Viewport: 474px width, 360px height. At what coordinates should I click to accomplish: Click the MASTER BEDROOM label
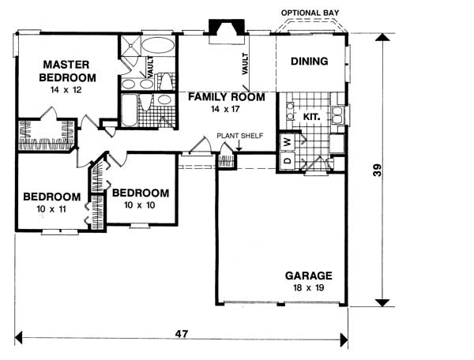click(70, 71)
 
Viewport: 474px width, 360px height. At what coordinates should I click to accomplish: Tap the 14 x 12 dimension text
click(70, 92)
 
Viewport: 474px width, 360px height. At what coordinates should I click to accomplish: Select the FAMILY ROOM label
click(225, 97)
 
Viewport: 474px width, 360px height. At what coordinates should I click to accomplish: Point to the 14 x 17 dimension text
click(224, 110)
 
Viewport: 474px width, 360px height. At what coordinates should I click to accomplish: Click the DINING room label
click(309, 62)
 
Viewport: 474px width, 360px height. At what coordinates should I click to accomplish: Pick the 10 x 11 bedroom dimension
click(51, 210)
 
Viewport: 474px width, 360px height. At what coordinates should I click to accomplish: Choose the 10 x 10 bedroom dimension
click(140, 205)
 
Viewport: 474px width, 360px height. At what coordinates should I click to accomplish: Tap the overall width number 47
click(181, 336)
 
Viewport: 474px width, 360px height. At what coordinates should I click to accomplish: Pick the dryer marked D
click(288, 160)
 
